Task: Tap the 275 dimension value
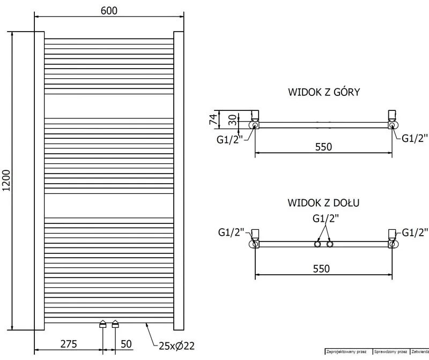click(69, 343)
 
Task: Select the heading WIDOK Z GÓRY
click(323, 92)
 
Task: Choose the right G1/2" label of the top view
click(415, 138)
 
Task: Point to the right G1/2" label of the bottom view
click(415, 232)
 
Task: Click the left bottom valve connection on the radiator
click(103, 324)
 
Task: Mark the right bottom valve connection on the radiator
click(115, 324)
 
